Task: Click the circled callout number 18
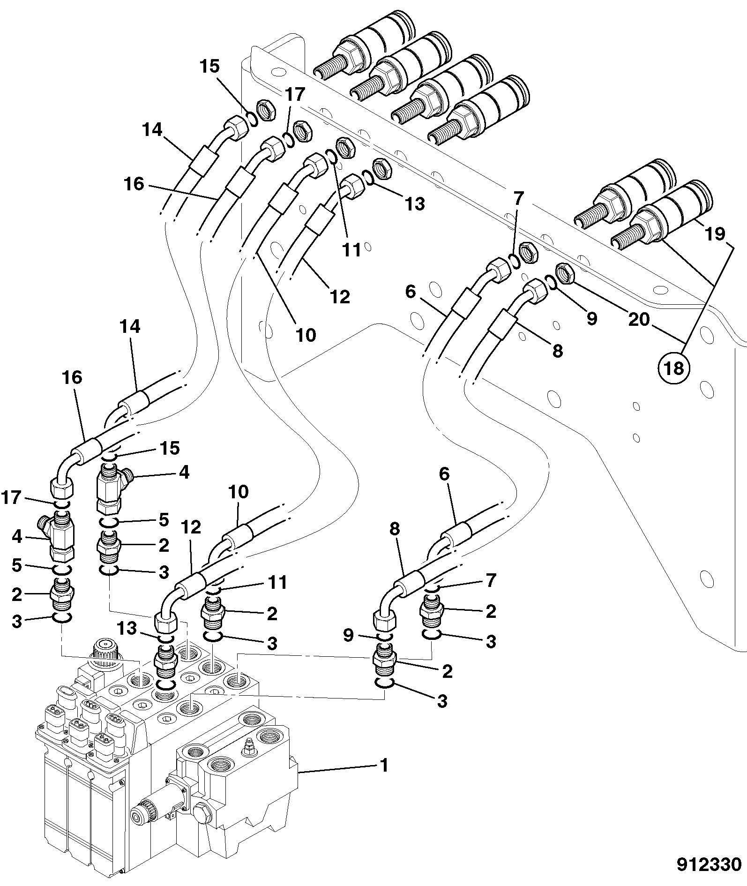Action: [x=674, y=368]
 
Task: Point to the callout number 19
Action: [x=715, y=234]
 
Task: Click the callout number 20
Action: [x=640, y=320]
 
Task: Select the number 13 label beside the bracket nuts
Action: [x=415, y=203]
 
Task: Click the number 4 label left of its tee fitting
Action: [x=17, y=536]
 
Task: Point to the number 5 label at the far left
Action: [x=17, y=565]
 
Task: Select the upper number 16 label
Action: [x=134, y=184]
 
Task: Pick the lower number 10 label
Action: [x=239, y=492]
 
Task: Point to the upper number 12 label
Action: [x=340, y=296]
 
